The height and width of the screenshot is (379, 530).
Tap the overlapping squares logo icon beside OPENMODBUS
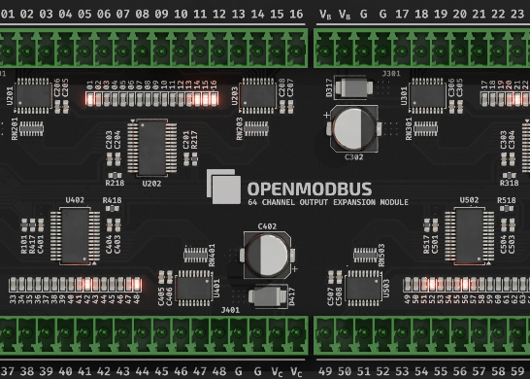(223, 187)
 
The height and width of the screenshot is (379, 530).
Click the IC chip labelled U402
(75, 234)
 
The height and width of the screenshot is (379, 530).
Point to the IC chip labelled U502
(469, 234)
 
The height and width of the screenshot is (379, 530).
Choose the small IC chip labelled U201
(34, 95)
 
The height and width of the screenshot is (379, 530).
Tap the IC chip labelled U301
(427, 95)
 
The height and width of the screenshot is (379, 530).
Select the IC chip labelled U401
(194, 286)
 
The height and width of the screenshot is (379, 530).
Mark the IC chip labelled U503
(364, 286)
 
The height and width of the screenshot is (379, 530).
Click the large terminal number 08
(142, 15)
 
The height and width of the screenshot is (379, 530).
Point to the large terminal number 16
(295, 15)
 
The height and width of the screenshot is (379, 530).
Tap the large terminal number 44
(143, 371)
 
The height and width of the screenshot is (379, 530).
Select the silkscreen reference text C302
(353, 156)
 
